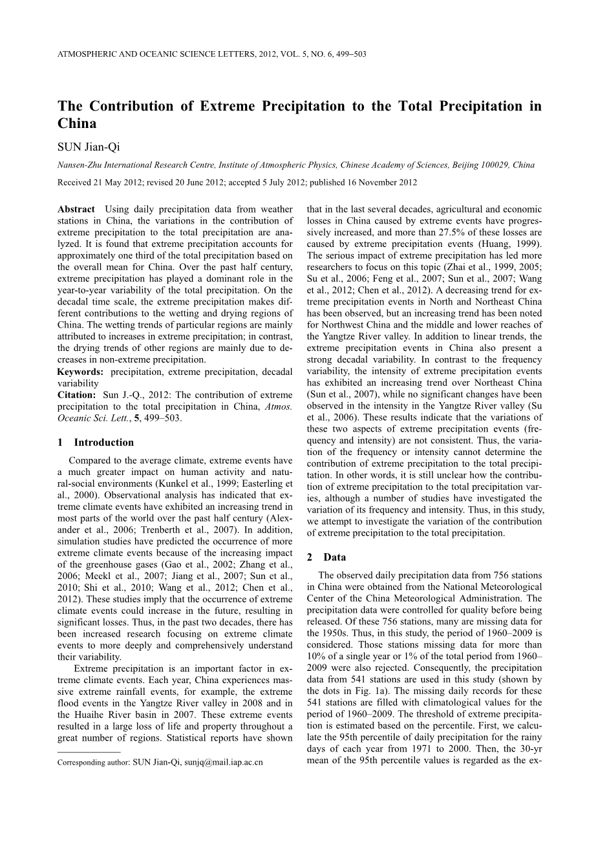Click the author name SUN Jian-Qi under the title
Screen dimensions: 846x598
tap(89, 147)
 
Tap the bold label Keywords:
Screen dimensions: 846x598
tap(80, 372)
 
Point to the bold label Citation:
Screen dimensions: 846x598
tap(77, 395)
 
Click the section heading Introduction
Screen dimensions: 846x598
tap(103, 443)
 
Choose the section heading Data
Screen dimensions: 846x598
tap(335, 557)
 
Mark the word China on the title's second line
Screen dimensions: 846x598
tap(77, 123)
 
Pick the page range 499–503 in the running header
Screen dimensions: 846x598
tap(352, 54)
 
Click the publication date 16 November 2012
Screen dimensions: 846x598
tap(382, 183)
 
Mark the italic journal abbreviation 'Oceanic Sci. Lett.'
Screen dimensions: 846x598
tap(92, 418)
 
